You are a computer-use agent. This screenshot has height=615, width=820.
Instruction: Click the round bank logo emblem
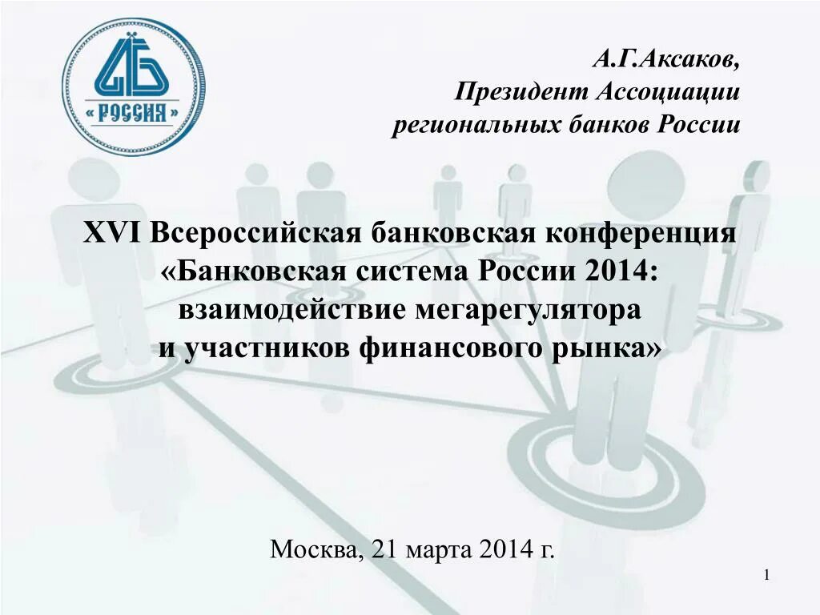(x=133, y=86)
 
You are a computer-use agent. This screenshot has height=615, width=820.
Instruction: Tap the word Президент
(x=521, y=92)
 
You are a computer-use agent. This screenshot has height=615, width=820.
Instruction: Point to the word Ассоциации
(x=668, y=92)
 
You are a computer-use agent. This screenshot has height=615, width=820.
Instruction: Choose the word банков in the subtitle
(x=600, y=126)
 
